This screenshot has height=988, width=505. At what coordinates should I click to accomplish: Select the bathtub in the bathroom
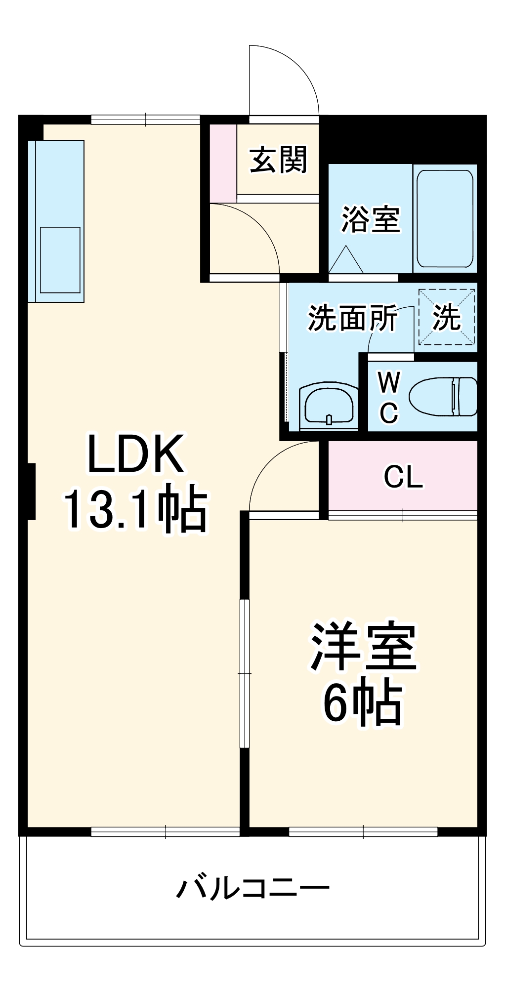(x=444, y=219)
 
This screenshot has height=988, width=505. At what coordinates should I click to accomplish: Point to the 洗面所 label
(x=352, y=318)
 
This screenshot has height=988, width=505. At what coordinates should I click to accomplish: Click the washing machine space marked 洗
(x=447, y=317)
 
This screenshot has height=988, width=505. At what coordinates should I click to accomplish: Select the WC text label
(x=389, y=397)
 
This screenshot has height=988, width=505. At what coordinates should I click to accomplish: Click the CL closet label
(x=403, y=477)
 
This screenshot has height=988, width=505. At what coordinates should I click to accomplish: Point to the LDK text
(x=135, y=454)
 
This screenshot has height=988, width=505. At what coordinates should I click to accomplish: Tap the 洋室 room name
(x=364, y=646)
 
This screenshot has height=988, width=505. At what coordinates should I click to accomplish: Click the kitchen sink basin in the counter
(x=60, y=260)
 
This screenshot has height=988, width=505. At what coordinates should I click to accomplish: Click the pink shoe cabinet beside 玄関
(x=223, y=163)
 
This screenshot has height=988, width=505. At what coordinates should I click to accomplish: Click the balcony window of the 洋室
(x=363, y=832)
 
